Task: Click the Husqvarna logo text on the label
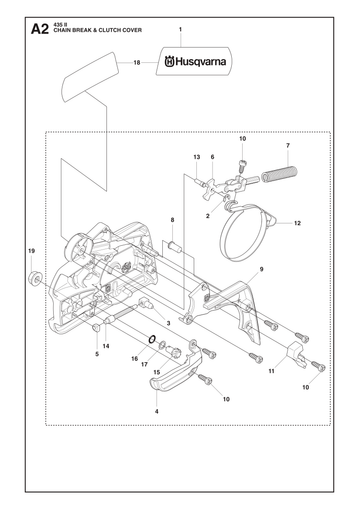[195, 62]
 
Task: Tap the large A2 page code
[40, 29]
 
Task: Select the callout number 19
[31, 251]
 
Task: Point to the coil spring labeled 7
[279, 174]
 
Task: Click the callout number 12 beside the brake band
[297, 223]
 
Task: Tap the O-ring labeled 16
[152, 339]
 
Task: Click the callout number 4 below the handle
[157, 411]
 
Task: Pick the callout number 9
[261, 269]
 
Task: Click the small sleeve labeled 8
[175, 247]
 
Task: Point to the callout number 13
[197, 157]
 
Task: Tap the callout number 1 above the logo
[180, 29]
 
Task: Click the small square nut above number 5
[96, 328]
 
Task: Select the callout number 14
[106, 346]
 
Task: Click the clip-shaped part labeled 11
[296, 355]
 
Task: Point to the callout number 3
[168, 323]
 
